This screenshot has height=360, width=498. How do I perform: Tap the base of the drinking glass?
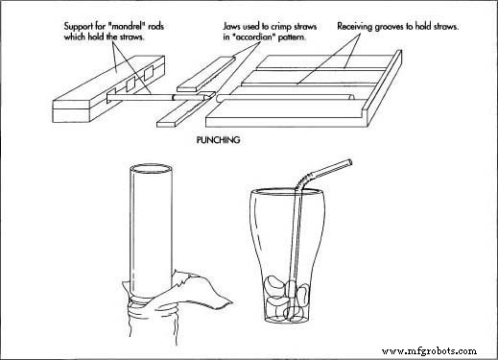[x=292, y=324]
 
